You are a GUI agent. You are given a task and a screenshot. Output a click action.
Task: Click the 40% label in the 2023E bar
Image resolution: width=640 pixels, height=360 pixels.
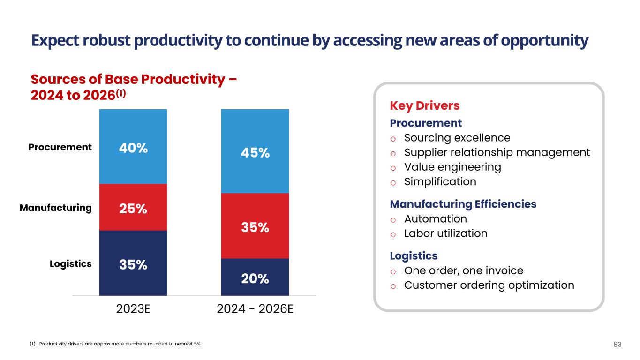133,148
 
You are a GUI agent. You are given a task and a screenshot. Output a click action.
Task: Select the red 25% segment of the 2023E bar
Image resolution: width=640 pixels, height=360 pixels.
133,208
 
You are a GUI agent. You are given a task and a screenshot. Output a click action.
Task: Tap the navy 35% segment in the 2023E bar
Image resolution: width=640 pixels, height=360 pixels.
133,264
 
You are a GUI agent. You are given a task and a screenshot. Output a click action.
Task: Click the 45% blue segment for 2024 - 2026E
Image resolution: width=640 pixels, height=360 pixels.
255,153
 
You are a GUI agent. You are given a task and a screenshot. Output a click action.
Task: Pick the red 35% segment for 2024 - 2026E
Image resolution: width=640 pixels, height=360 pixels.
255,227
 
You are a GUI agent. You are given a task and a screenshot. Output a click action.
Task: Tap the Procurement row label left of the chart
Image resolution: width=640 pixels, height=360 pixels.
60,147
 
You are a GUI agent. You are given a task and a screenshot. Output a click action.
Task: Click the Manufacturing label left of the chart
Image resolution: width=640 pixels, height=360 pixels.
55,208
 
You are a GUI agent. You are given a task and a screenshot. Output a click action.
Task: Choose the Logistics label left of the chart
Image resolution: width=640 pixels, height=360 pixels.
70,264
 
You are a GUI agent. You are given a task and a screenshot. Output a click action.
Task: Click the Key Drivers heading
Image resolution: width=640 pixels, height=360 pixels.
424,106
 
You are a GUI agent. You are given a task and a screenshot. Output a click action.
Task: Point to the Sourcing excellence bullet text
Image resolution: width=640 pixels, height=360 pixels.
457,138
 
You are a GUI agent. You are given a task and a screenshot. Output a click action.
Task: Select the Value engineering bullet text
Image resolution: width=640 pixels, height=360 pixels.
452,167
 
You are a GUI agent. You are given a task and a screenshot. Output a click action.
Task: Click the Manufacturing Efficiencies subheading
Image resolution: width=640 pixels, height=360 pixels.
463,204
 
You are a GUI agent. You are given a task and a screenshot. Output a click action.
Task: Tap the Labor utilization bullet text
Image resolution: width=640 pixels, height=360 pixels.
445,233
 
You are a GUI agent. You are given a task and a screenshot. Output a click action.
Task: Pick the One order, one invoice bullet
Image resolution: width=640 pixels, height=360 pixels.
463,270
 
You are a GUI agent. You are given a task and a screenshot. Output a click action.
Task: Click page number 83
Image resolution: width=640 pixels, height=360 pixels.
617,345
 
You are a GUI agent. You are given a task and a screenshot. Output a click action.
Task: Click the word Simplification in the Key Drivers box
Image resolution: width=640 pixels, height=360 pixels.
440,181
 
